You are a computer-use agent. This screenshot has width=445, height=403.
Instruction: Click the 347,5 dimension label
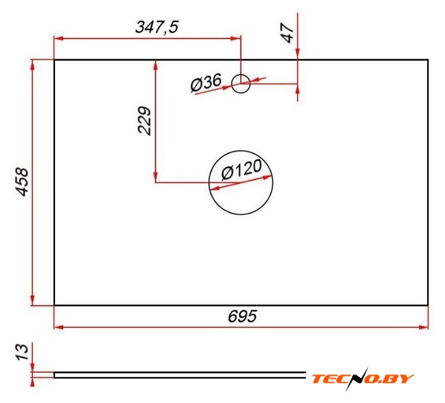[x=157, y=28]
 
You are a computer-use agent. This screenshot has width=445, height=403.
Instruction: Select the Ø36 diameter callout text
[x=206, y=83]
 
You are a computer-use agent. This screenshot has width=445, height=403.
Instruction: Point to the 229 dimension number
[x=144, y=120]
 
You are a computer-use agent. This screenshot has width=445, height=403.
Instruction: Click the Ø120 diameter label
[x=241, y=169]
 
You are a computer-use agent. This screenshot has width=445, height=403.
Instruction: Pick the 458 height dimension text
[x=22, y=182]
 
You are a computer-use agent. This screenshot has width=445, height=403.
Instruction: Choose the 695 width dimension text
[x=242, y=316]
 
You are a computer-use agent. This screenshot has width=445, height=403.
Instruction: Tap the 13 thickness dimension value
[x=22, y=352]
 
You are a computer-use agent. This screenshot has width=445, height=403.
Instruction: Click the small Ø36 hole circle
[x=241, y=75]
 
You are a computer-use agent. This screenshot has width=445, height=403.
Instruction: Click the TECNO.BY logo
[x=363, y=378]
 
